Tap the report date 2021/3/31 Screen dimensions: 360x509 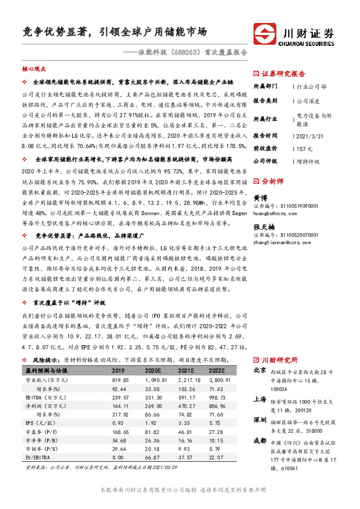click(313, 135)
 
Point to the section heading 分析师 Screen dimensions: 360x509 click(273, 181)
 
